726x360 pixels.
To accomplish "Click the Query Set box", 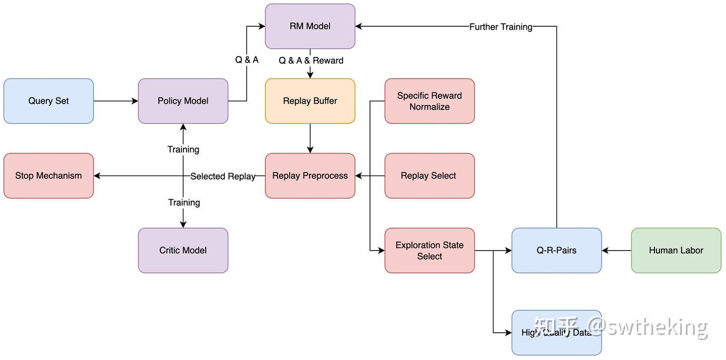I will [x=48, y=101].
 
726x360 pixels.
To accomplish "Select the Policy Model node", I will [x=183, y=101].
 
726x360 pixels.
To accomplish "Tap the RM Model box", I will [x=310, y=26].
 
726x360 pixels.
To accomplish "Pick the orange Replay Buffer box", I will [x=310, y=101].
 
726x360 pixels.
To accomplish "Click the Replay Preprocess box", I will [x=310, y=175].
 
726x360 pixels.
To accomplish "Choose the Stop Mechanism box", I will [x=48, y=175].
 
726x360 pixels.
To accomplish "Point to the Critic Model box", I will [x=183, y=250].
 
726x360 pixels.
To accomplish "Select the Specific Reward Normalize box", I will [x=430, y=101].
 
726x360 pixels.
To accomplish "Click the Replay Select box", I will [x=430, y=175].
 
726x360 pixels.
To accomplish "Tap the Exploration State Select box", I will [x=430, y=250].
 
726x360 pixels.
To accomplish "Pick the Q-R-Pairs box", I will [x=557, y=250].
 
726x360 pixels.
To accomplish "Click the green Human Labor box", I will [x=676, y=250].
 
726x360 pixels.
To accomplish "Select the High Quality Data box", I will [x=557, y=333].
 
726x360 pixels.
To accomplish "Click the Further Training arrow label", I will [x=501, y=27].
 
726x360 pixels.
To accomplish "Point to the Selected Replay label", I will [x=223, y=176].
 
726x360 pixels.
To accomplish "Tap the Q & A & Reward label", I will [x=311, y=61].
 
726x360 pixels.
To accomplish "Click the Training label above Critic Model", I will [x=184, y=202].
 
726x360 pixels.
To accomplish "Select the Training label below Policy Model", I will [x=183, y=149].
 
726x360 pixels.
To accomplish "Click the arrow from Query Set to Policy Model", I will [x=116, y=101].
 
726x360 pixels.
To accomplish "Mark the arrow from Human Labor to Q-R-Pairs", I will [x=617, y=250].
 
